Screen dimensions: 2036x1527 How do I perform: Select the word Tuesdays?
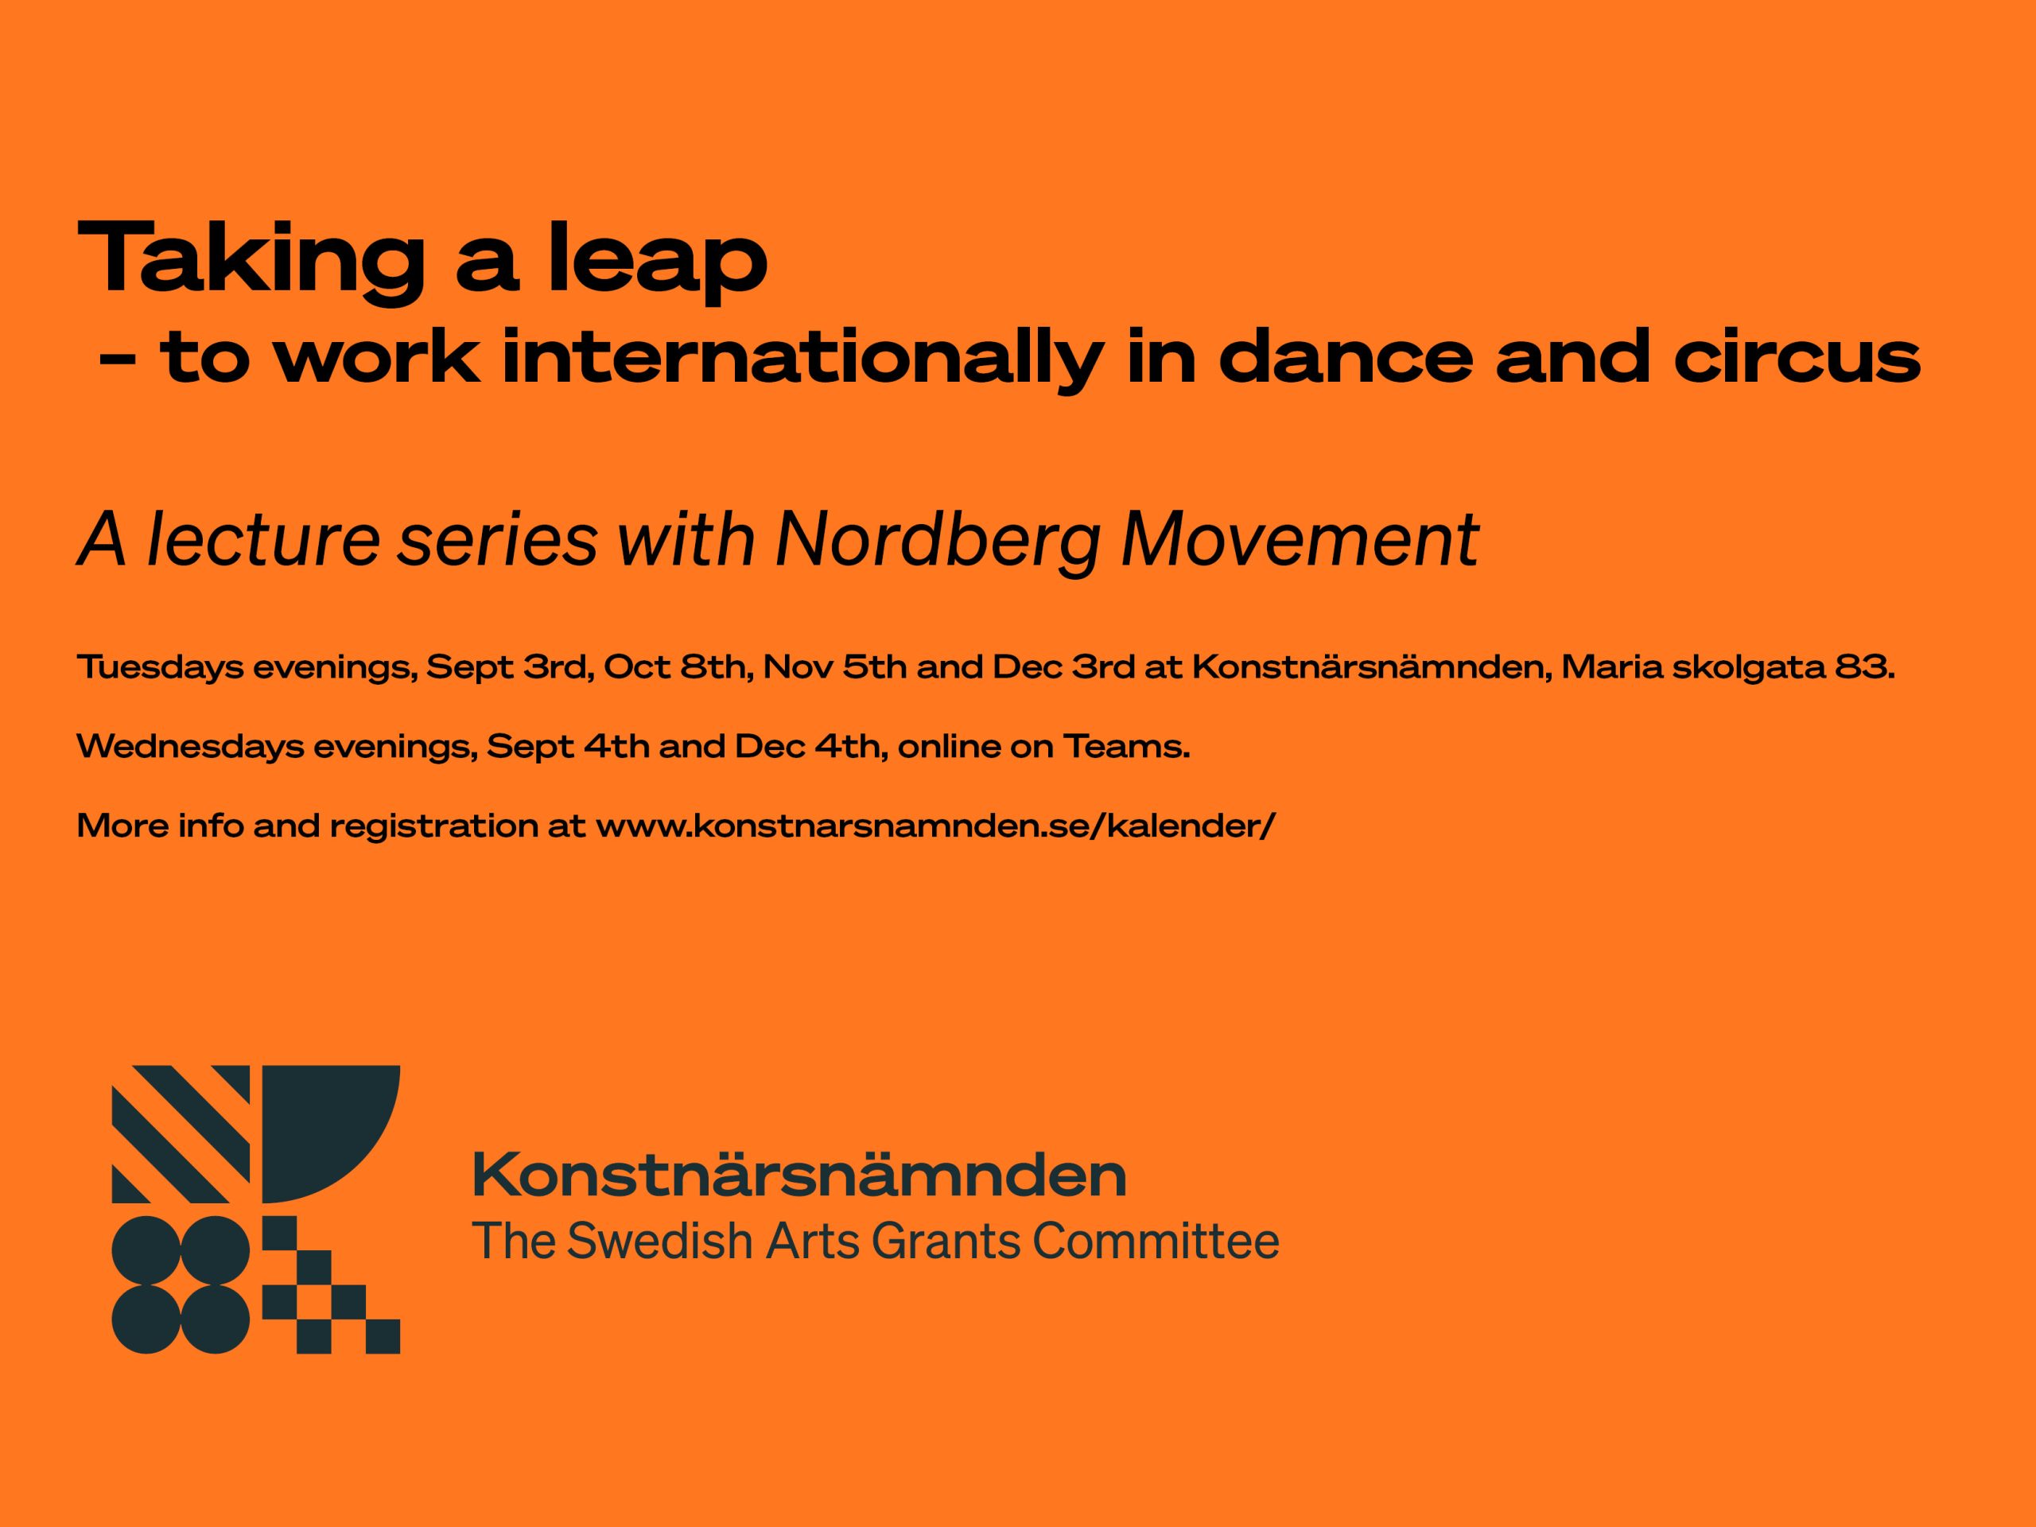[160, 667]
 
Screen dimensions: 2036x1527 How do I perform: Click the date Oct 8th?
[674, 667]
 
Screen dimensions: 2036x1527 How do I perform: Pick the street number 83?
[1864, 667]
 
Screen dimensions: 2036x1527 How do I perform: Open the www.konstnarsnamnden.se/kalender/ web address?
[935, 826]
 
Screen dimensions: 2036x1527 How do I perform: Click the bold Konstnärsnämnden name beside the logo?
[799, 1175]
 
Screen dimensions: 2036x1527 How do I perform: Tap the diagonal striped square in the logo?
[181, 1134]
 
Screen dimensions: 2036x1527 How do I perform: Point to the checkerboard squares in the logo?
[332, 1285]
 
